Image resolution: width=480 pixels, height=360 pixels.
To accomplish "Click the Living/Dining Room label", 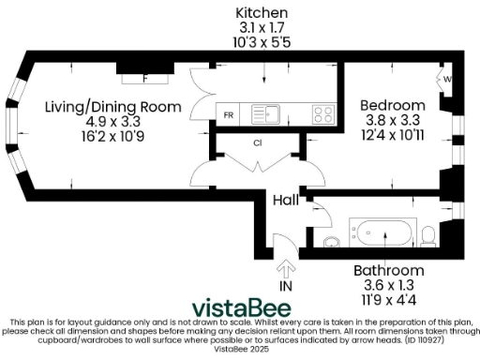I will pyautogui.click(x=113, y=107).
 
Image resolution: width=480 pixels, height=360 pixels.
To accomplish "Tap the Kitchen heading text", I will pyautogui.click(x=262, y=12).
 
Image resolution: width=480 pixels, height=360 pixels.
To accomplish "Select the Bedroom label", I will pyautogui.click(x=394, y=104).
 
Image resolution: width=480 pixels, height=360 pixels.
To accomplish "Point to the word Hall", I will pyautogui.click(x=286, y=201).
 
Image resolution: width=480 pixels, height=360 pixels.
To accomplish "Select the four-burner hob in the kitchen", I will pyautogui.click(x=323, y=114).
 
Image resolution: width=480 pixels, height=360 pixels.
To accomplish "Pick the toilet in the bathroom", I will pyautogui.click(x=428, y=234).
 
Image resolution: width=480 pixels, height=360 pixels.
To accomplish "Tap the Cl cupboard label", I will pyautogui.click(x=256, y=143).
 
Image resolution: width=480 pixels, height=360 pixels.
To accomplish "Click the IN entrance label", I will pyautogui.click(x=287, y=285).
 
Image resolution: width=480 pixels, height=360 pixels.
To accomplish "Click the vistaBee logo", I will pyautogui.click(x=241, y=307).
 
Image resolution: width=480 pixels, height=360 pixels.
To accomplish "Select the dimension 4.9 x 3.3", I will pyautogui.click(x=113, y=121).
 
